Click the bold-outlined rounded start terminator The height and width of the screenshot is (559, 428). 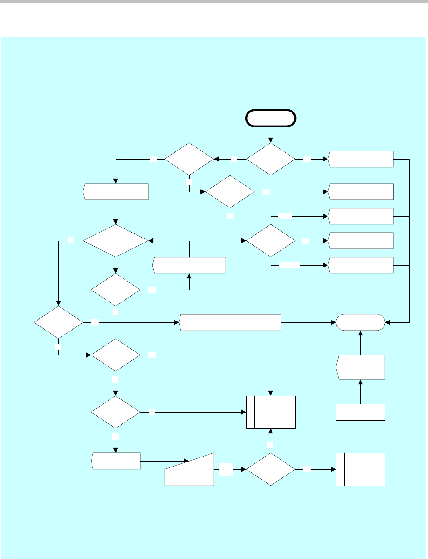271,118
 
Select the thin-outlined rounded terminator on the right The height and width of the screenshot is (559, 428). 360,323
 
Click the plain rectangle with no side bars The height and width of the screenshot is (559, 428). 360,412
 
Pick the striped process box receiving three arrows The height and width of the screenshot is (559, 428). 271,412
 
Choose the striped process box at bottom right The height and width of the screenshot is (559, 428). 360,469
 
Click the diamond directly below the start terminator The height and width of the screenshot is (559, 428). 271,159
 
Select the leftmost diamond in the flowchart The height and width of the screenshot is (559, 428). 58,322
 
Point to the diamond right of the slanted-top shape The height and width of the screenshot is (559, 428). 271,470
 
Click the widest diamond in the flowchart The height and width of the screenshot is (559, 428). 116,241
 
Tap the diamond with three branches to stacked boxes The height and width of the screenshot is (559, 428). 271,240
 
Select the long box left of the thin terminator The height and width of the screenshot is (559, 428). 230,322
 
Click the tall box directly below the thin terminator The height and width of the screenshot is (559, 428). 360,367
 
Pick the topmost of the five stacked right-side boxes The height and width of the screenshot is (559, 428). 361,159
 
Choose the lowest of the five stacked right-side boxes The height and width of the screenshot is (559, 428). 361,265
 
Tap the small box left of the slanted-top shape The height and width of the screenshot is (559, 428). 116,461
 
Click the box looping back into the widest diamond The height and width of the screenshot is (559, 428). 190,265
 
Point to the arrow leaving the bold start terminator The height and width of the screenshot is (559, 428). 271,134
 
